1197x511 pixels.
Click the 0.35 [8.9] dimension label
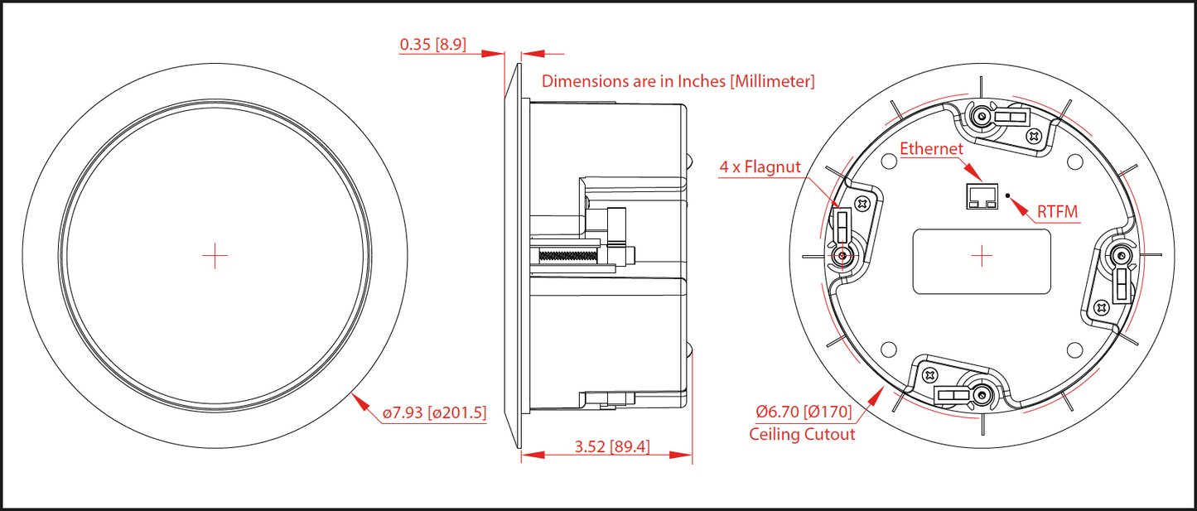tap(433, 45)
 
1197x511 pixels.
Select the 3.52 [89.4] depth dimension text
tap(612, 446)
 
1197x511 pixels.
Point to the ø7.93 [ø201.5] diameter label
tap(434, 412)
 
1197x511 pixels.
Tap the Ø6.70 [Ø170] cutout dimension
tap(804, 412)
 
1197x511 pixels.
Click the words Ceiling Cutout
tap(802, 434)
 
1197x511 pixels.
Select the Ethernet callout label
tap(931, 148)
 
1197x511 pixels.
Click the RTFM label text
tap(1058, 212)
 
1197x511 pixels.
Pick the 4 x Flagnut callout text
tap(760, 166)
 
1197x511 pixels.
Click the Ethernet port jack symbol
tap(982, 196)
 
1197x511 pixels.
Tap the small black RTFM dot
tap(1008, 195)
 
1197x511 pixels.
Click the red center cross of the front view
tap(215, 255)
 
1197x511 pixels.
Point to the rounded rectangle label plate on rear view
tap(982, 262)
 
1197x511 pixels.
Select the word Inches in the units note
tap(702, 81)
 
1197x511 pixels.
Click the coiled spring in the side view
tap(567, 255)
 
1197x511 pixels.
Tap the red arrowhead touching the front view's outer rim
tap(360, 402)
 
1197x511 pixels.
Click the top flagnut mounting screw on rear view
tap(982, 116)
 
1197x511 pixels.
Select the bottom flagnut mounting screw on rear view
tap(981, 396)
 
